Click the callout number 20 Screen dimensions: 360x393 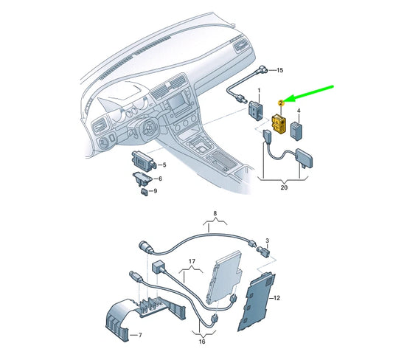(285, 187)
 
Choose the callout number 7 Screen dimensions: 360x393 (133, 335)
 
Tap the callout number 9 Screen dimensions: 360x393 (153, 192)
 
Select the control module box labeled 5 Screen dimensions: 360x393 (141, 162)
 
